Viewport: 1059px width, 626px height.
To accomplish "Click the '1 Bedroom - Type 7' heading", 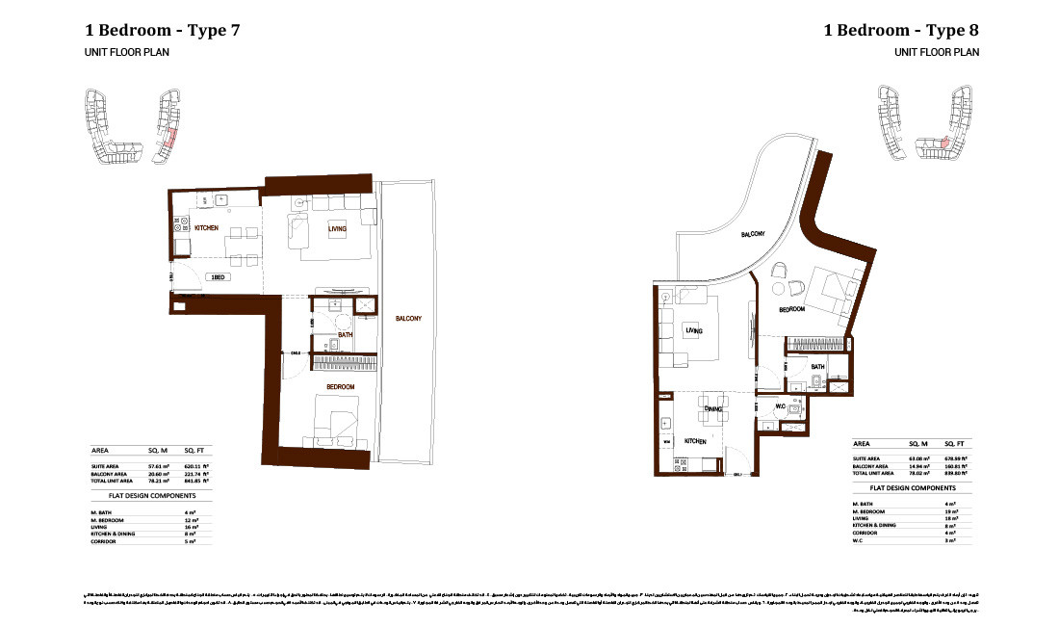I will [x=163, y=30].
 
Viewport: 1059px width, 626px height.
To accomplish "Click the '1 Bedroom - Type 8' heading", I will [x=901, y=30].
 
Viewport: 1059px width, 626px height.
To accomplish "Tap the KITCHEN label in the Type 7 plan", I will [x=206, y=228].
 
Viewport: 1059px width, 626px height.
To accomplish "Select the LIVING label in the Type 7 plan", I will [x=336, y=228].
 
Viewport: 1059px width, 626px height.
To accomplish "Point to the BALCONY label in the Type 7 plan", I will [x=408, y=319].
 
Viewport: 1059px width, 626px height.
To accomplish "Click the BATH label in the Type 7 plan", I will [x=345, y=334].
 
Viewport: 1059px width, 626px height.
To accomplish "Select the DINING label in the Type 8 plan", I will [x=712, y=408].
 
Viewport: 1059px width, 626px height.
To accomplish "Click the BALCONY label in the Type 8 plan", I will [x=753, y=234].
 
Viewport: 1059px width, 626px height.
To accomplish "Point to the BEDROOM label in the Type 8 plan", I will [x=791, y=309].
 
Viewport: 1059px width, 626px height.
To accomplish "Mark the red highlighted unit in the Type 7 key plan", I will [x=169, y=137].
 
